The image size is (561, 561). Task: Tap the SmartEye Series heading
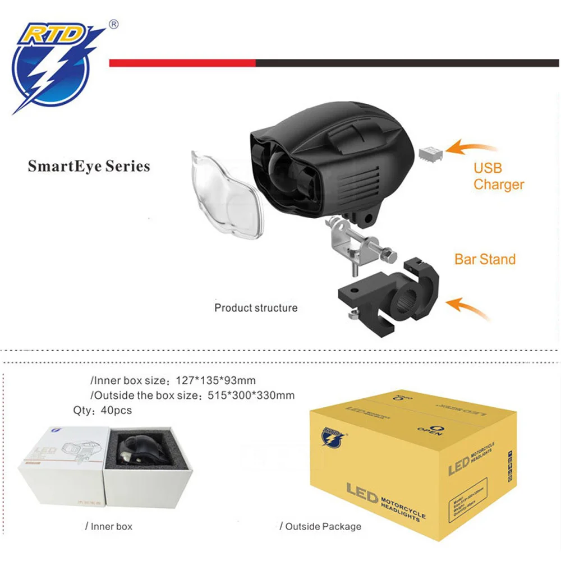89,167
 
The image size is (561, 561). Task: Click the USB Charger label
498,176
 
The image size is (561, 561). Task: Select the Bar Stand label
485,259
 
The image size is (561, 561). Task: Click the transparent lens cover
227,194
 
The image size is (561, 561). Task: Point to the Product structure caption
256,308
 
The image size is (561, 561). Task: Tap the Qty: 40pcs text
103,410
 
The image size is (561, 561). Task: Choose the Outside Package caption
320,526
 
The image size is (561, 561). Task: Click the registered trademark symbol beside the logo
114,24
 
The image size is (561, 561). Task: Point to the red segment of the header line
182,63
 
